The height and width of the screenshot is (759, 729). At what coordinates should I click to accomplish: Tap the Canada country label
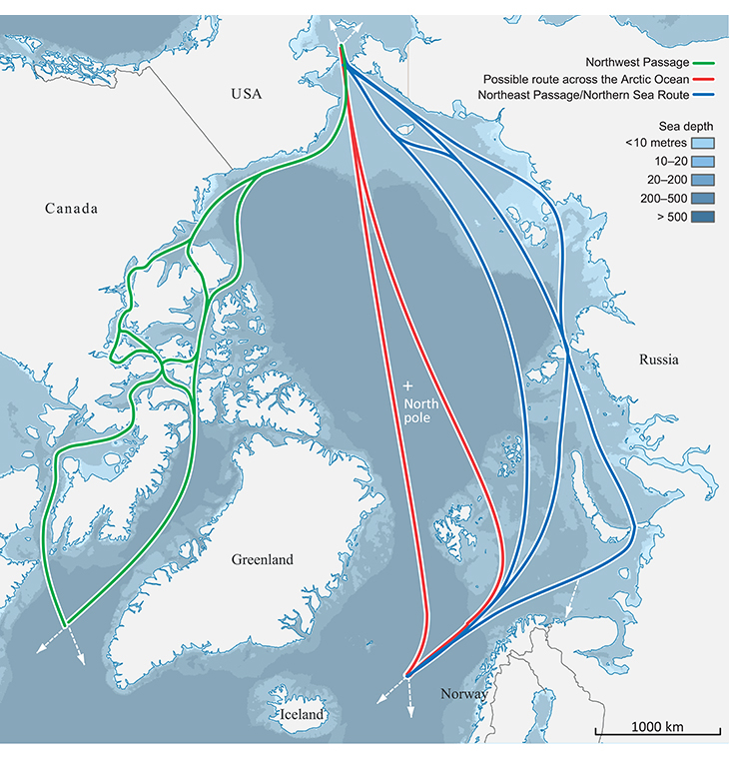pyautogui.click(x=72, y=209)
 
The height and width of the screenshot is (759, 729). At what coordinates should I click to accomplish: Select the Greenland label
pyautogui.click(x=262, y=559)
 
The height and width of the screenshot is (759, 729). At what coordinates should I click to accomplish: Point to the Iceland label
pyautogui.click(x=302, y=715)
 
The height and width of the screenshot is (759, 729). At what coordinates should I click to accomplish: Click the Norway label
pyautogui.click(x=464, y=693)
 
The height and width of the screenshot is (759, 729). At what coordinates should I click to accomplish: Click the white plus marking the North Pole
pyautogui.click(x=407, y=384)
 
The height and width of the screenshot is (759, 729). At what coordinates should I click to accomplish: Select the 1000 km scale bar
pyautogui.click(x=656, y=732)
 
